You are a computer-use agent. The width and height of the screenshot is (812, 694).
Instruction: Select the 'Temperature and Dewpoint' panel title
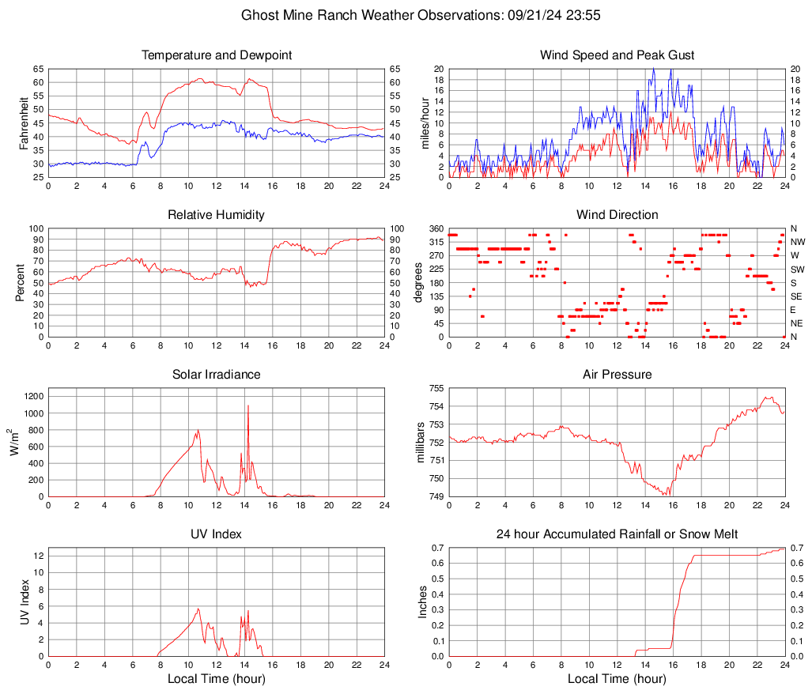coord(217,55)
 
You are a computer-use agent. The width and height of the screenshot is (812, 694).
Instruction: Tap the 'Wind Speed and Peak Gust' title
coord(617,55)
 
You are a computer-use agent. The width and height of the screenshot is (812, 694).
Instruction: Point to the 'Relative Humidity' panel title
coord(217,215)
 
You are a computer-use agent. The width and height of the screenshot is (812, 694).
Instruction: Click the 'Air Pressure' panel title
coord(617,375)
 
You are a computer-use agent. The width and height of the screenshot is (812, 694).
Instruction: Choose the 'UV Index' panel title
coord(217,534)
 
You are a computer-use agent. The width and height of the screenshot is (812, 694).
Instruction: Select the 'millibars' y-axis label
coord(421,443)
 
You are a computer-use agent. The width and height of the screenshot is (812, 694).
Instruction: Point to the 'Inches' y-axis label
coord(422,602)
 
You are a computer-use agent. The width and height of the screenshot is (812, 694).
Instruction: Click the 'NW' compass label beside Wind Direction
coord(797,242)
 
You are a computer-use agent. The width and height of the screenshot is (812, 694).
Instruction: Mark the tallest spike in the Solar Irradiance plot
coord(248,405)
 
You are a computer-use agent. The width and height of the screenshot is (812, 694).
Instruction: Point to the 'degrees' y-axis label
coord(420,283)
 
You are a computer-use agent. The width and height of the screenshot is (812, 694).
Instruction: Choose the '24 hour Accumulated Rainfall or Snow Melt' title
coord(617,534)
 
